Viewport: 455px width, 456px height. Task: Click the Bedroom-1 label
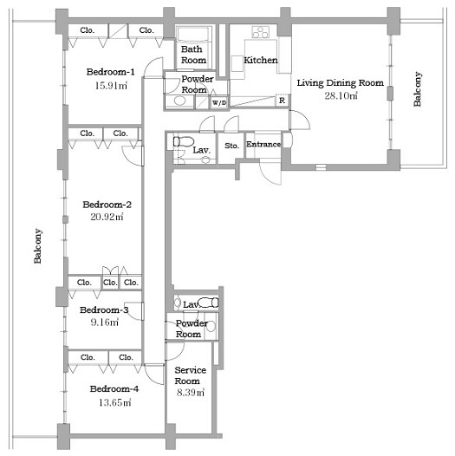click(110, 72)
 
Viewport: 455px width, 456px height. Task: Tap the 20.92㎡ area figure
click(107, 217)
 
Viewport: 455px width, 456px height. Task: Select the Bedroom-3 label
click(104, 309)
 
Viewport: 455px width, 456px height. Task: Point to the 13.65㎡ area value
click(115, 402)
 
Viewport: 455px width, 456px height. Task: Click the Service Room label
click(190, 375)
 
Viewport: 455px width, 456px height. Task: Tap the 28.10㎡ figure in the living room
click(341, 95)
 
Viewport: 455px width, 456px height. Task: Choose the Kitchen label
click(261, 60)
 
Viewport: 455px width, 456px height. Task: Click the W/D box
click(219, 102)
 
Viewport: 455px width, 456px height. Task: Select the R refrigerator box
click(282, 101)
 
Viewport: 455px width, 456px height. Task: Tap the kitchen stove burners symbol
click(260, 32)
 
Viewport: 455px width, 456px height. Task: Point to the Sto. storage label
click(231, 146)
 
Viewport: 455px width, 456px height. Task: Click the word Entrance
click(263, 144)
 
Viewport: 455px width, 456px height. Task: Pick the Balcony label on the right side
click(417, 88)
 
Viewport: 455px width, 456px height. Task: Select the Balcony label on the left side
click(38, 245)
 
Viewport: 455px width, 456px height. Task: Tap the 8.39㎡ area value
click(191, 393)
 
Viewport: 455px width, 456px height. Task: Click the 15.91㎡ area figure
click(111, 86)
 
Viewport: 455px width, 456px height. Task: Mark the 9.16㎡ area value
click(104, 322)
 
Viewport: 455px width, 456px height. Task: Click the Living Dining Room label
click(340, 82)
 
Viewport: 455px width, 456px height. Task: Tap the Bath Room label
click(193, 55)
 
